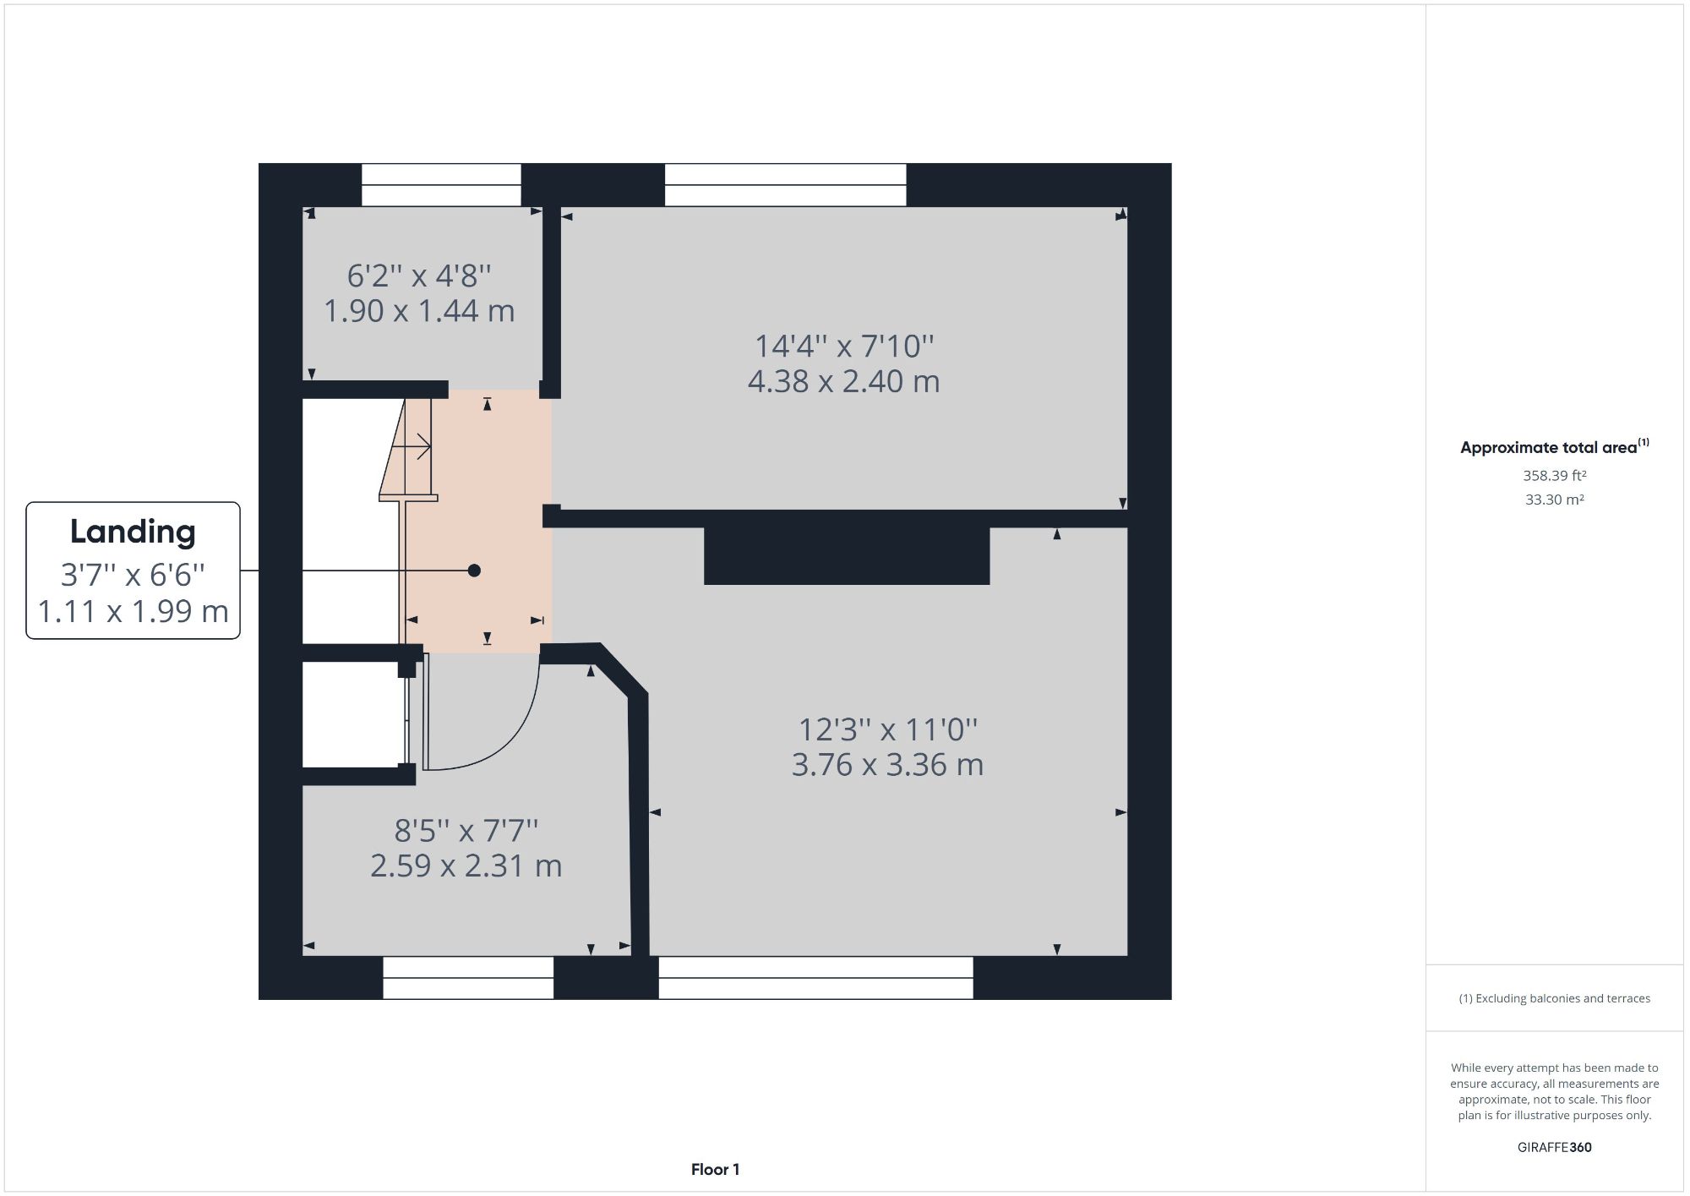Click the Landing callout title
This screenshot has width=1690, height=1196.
pyautogui.click(x=133, y=532)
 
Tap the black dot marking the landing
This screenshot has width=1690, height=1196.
pyautogui.click(x=474, y=571)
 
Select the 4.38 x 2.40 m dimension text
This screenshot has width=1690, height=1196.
pyautogui.click(x=843, y=381)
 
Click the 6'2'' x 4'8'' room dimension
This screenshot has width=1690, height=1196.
pyautogui.click(x=419, y=276)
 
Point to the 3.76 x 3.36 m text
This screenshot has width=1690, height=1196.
pyautogui.click(x=887, y=765)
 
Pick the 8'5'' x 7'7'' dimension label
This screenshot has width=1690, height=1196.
pyautogui.click(x=466, y=831)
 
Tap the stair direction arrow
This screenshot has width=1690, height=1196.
pyautogui.click(x=419, y=445)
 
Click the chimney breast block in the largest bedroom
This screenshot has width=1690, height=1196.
pyautogui.click(x=847, y=556)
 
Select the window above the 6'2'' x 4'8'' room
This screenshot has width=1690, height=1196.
pyautogui.click(x=441, y=184)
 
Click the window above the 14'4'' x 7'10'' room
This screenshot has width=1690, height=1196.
pyautogui.click(x=785, y=184)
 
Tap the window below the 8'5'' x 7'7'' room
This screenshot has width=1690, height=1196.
pyautogui.click(x=468, y=978)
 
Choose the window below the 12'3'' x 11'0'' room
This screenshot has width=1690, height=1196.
pyautogui.click(x=815, y=978)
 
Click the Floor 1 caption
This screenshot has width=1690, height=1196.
pyautogui.click(x=715, y=1170)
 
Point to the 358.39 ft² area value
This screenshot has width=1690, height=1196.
pyautogui.click(x=1554, y=476)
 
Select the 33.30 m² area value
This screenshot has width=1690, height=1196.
pyautogui.click(x=1554, y=500)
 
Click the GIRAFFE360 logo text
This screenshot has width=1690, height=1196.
pyautogui.click(x=1554, y=1147)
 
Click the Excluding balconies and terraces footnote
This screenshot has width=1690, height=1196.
pyautogui.click(x=1554, y=998)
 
